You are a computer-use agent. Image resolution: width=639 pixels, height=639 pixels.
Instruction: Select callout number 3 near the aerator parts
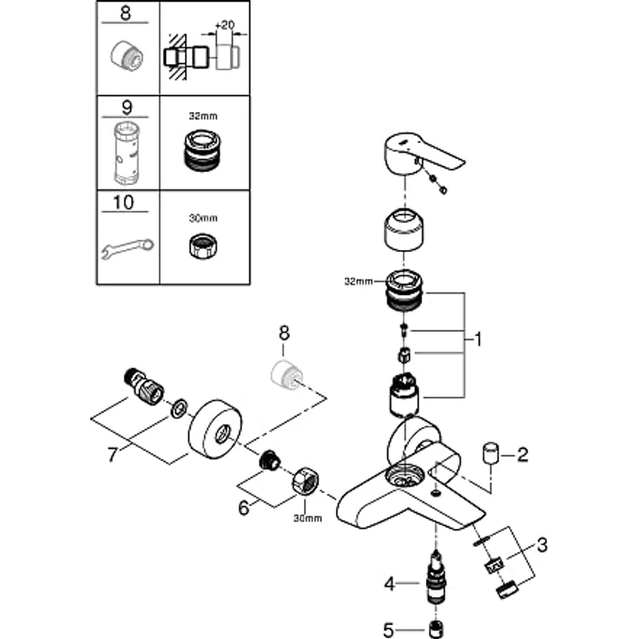543,546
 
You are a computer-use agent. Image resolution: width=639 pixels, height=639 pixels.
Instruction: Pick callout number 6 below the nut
244,508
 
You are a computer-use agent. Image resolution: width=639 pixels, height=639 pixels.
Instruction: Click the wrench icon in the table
127,248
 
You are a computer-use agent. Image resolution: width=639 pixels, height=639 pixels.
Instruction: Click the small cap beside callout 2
492,452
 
